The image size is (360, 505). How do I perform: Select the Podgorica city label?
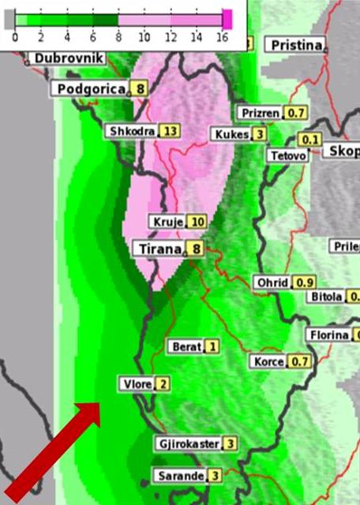[x=92, y=89]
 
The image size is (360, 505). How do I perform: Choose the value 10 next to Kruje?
[x=197, y=222]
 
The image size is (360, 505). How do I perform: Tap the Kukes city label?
[x=231, y=134]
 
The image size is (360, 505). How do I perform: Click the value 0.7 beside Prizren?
[x=297, y=114]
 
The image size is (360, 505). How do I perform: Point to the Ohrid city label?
[x=272, y=282]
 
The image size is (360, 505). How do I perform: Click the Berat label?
[x=185, y=346]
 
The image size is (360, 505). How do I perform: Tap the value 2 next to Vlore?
[x=162, y=384]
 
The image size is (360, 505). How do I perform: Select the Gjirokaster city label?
[x=187, y=444]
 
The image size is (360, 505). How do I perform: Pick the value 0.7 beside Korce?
[x=300, y=362]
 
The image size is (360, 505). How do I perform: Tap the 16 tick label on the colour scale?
[x=222, y=36]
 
